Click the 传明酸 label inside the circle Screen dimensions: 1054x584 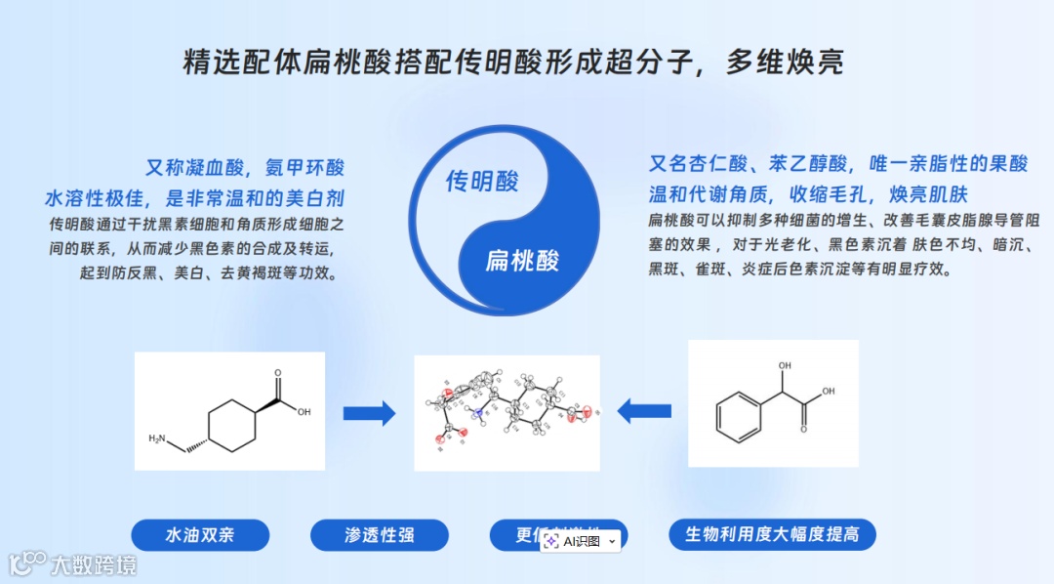[482, 182]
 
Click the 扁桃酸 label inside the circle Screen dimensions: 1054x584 [522, 261]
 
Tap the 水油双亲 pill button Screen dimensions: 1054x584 [199, 535]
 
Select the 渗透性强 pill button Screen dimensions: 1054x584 [379, 535]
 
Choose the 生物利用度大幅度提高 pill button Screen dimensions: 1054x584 [771, 535]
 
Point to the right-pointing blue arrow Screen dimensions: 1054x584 [369, 413]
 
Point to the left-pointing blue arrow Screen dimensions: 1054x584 [644, 411]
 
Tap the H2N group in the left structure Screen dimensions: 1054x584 [157, 439]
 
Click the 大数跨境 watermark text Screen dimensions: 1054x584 [94, 564]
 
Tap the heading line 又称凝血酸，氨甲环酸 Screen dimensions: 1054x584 [245, 167]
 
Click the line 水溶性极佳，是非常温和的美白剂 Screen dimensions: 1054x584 [195, 198]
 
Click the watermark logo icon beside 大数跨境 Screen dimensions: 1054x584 [27, 563]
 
